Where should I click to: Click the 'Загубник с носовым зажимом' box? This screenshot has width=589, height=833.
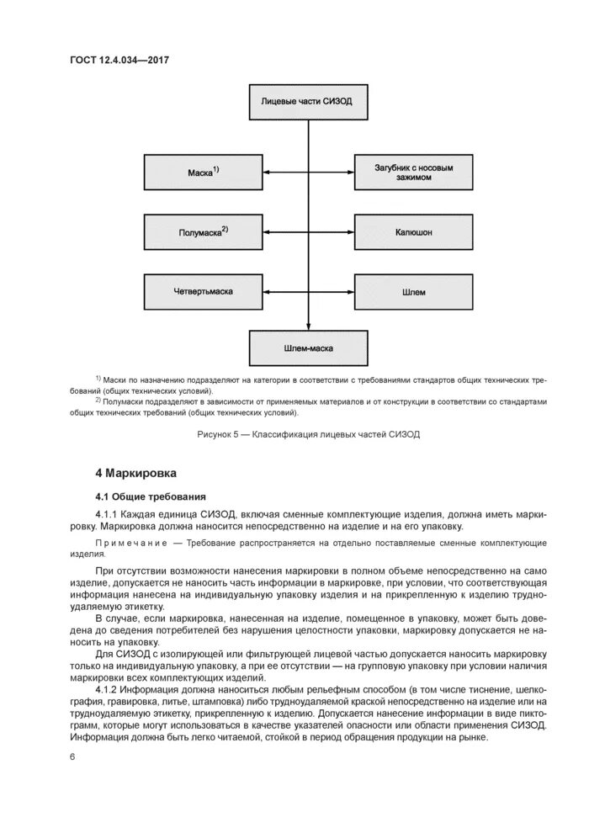coord(413,172)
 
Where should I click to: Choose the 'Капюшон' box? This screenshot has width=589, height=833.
coord(413,231)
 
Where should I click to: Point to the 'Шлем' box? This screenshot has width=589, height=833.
coord(413,292)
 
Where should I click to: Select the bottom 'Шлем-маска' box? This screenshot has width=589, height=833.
coord(308,345)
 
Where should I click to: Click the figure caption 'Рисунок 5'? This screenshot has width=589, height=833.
coord(220,434)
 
